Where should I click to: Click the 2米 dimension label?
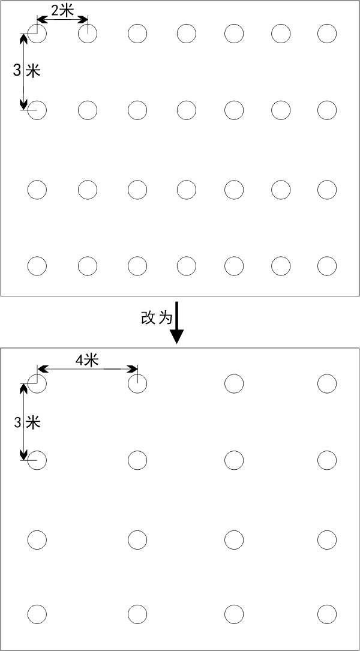(62, 11)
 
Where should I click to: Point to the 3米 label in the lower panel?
(26, 423)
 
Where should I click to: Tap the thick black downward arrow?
(178, 323)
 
